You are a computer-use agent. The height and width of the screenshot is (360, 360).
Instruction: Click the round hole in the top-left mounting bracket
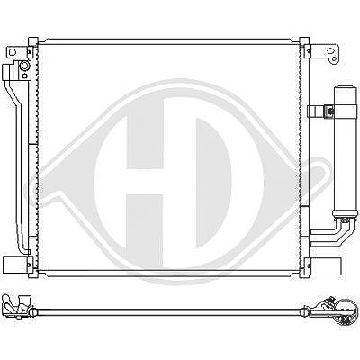pos(13,52)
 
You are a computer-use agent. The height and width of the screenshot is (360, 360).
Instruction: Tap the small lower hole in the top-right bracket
pos(334,59)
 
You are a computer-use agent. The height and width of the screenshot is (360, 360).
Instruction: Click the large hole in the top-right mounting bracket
pos(330,51)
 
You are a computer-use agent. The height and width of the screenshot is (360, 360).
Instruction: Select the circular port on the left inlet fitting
pos(24,66)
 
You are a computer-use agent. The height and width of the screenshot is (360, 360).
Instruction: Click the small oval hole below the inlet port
pos(25,75)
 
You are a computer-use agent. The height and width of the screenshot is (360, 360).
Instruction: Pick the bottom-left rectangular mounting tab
pos(15,264)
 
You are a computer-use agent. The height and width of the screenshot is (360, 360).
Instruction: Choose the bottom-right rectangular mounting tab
pos(326,265)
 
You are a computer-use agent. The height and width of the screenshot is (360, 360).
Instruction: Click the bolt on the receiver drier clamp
pos(330,112)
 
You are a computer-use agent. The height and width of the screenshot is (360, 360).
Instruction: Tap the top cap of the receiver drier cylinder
pos(346,89)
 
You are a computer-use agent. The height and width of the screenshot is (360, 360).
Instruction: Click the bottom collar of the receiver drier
pos(345,213)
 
